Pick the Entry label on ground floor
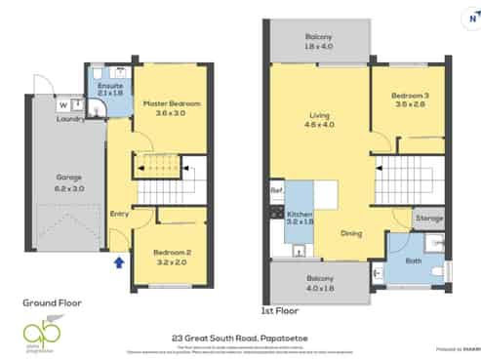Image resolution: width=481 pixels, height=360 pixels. coord(119,214)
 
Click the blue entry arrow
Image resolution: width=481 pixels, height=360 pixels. coord(120,261)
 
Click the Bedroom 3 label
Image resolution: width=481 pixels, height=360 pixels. coord(410,100)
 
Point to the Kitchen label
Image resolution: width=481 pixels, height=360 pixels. coord(300,217)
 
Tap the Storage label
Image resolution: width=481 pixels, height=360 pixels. coord(428,220)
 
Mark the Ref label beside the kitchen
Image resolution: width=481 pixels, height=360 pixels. coord(276,190)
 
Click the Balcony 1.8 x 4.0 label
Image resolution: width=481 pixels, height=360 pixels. coord(319,39)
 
